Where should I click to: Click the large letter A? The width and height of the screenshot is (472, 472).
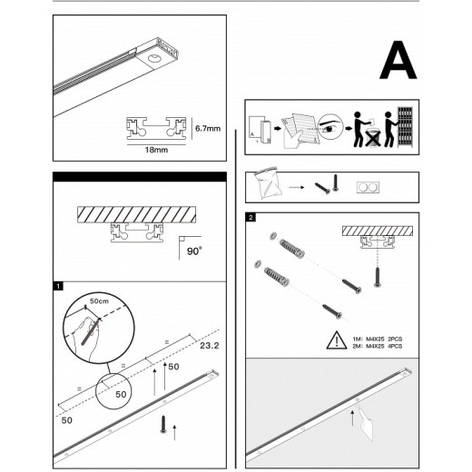pos(398,61)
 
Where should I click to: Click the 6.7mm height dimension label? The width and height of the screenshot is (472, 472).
pos(208,128)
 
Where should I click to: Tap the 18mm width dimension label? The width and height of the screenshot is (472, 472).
pos(156,150)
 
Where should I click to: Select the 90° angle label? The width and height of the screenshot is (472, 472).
pos(194,251)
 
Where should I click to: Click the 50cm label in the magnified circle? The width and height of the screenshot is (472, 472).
pos(99,301)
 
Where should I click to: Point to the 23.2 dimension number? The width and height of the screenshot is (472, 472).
pos(210,345)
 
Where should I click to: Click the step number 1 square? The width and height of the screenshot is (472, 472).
pos(58,286)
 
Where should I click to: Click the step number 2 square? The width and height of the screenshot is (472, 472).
pos(251,217)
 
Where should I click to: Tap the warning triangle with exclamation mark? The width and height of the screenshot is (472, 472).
pos(337,340)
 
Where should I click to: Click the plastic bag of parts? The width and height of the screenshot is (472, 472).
pos(268,183)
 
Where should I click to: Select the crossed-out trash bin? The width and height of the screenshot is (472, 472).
pos(372,138)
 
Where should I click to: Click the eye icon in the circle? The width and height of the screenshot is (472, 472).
pos(330,127)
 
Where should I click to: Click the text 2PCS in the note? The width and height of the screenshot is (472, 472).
pos(395,339)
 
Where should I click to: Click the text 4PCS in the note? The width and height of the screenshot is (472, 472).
pos(395,346)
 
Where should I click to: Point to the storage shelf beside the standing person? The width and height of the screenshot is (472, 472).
pos(405,127)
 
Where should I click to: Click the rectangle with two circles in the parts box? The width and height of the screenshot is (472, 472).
pos(368,188)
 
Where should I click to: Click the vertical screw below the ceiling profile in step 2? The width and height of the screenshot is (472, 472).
pos(377,277)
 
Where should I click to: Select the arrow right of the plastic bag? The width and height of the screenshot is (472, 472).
pos(297,187)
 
